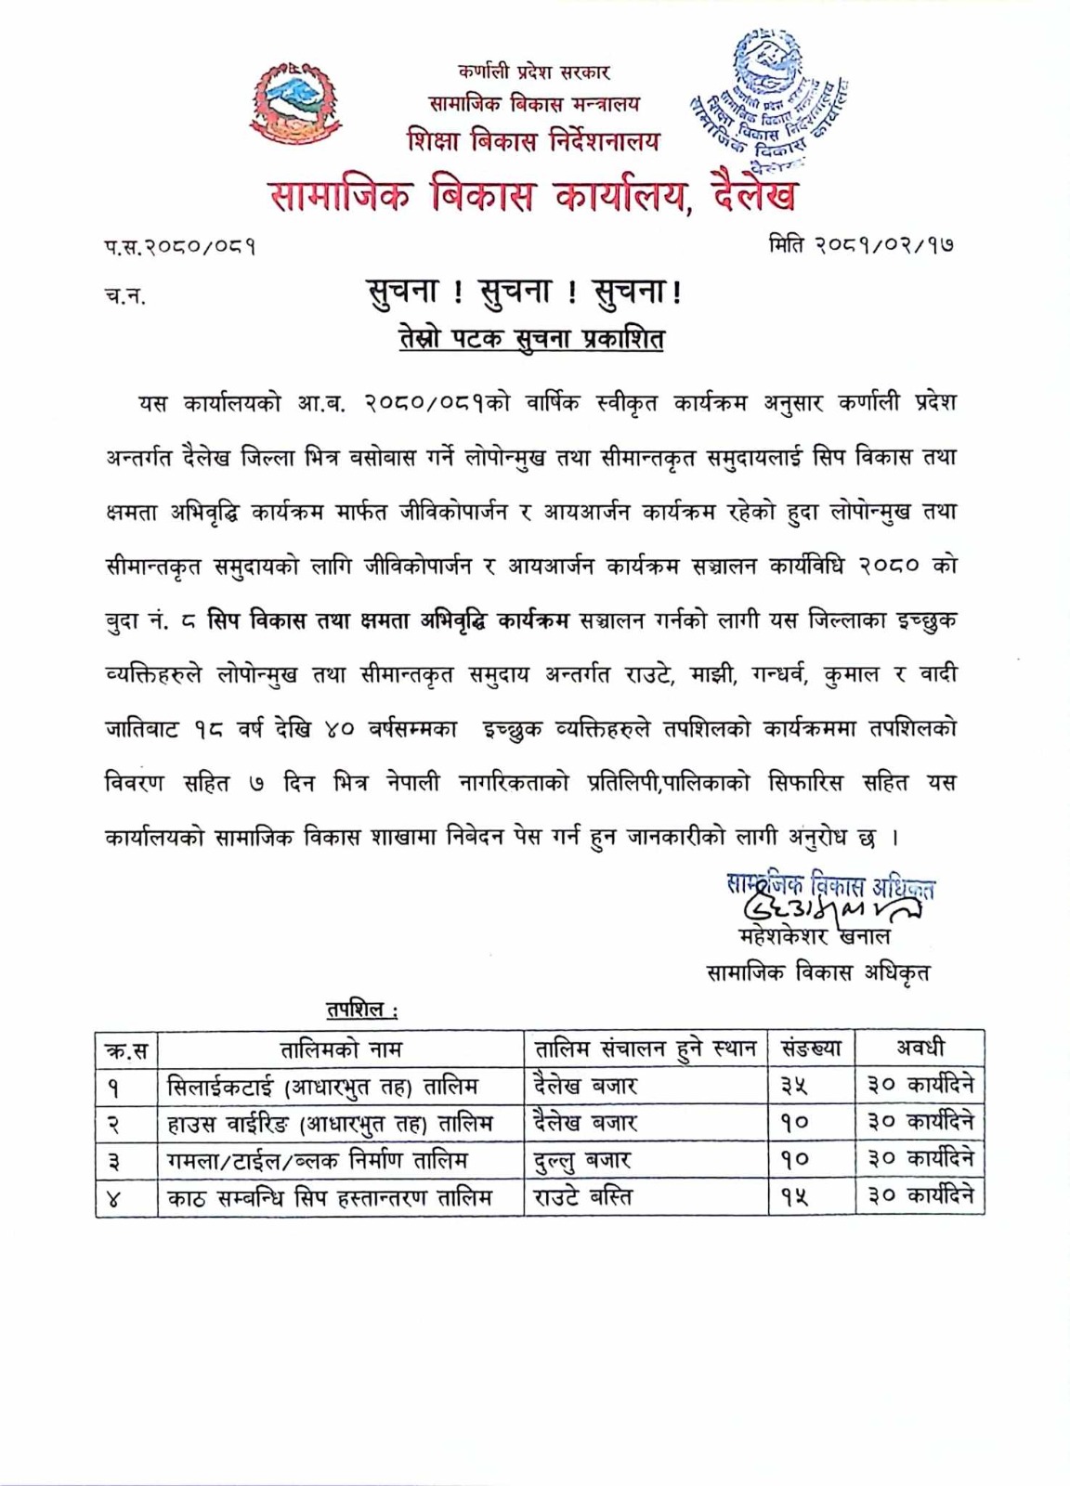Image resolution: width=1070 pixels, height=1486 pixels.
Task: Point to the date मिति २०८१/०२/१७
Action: [861, 245]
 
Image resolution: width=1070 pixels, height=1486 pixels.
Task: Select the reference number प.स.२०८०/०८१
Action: [180, 247]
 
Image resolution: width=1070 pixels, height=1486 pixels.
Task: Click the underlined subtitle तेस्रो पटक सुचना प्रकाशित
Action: [531, 339]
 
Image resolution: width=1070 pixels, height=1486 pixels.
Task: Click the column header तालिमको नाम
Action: [341, 1049]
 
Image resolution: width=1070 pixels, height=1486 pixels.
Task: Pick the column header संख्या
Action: [811, 1049]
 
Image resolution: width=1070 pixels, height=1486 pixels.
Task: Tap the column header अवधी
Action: [920, 1049]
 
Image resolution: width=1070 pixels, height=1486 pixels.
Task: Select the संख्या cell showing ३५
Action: [795, 1086]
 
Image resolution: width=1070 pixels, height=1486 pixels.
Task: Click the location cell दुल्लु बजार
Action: [582, 1160]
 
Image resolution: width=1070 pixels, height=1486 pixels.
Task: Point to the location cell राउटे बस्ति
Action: [582, 1197]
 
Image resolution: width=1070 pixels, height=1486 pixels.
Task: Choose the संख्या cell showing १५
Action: [795, 1197]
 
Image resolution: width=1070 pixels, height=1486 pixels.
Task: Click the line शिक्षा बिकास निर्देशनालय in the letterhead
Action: [533, 141]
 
